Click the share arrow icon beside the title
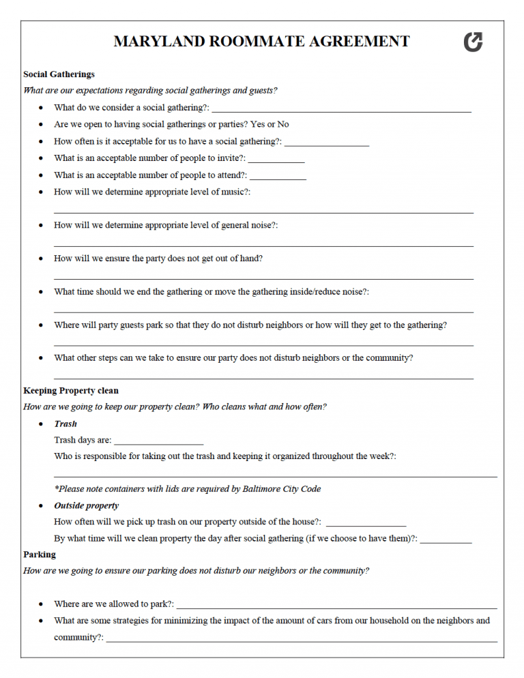[473, 42]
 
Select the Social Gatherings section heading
[59, 74]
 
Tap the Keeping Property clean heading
[71, 391]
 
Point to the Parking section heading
[40, 555]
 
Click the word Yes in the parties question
[257, 124]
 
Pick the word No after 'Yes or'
[282, 124]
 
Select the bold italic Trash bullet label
[65, 424]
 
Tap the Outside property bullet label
[86, 505]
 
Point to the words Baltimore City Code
[282, 488]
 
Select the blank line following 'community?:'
[301, 640]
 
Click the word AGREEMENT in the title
[360, 42]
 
